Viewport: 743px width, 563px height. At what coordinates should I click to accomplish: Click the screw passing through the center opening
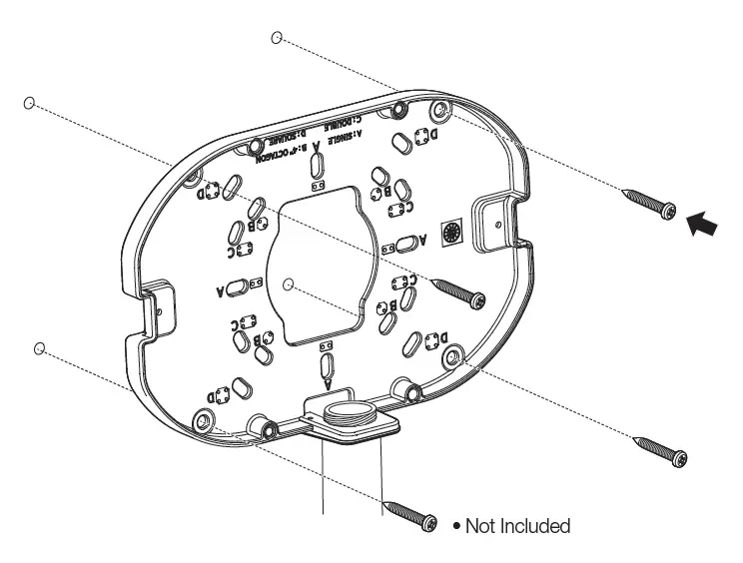click(459, 290)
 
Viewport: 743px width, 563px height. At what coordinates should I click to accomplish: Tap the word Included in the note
click(535, 525)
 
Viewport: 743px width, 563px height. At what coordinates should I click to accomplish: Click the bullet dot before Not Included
click(457, 525)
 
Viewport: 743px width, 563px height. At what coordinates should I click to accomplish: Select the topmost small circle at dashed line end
click(277, 38)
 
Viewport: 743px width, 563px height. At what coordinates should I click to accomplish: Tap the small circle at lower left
click(39, 347)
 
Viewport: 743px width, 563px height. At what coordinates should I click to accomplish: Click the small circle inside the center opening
click(288, 284)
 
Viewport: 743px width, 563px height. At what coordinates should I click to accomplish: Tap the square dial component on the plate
click(451, 234)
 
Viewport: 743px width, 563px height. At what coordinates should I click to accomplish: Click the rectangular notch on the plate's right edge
click(493, 222)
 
